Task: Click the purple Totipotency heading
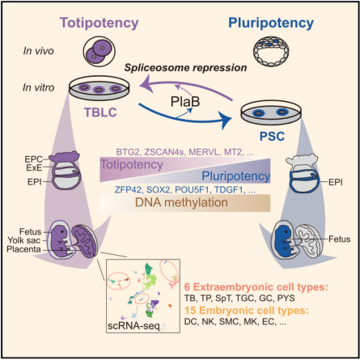[x=100, y=23]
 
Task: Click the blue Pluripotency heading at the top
[x=271, y=23]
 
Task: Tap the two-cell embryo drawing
[x=100, y=52]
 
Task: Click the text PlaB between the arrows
[x=185, y=102]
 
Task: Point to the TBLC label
[x=100, y=112]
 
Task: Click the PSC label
[x=272, y=136]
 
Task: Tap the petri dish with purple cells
[x=100, y=88]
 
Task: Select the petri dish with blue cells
[x=271, y=113]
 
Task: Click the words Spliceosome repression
[x=185, y=68]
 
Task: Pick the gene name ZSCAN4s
[x=164, y=152]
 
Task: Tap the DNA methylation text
[x=181, y=202]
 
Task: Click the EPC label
[x=33, y=159]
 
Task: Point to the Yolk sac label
[x=23, y=240]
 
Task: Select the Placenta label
[x=23, y=249]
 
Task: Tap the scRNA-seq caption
[x=133, y=326]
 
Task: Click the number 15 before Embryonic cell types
[x=190, y=311]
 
